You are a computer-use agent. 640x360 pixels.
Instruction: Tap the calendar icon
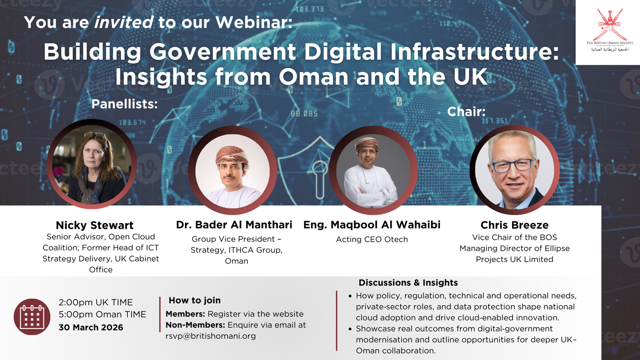[32, 317]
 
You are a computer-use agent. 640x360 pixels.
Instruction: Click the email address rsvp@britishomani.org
[211, 336]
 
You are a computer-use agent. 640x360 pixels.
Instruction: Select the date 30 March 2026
[91, 327]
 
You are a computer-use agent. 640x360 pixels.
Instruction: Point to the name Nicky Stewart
[94, 225]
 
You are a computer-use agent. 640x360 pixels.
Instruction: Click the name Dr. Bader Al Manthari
[234, 225]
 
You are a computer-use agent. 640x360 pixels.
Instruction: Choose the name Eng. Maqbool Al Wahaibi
[372, 225]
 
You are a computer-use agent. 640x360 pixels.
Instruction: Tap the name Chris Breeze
[514, 225]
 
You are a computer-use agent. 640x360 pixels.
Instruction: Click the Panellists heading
[124, 104]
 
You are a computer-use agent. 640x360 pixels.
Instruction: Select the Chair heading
[466, 112]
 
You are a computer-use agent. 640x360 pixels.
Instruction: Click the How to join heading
[194, 300]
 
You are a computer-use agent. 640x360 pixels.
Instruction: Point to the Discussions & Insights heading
[408, 283]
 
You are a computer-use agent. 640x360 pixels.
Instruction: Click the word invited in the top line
[124, 22]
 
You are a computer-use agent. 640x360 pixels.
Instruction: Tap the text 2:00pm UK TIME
[96, 302]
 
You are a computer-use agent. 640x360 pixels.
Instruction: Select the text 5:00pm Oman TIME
[102, 314]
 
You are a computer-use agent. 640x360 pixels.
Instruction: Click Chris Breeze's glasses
[514, 165]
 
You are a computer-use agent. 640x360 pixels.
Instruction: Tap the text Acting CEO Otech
[372, 239]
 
